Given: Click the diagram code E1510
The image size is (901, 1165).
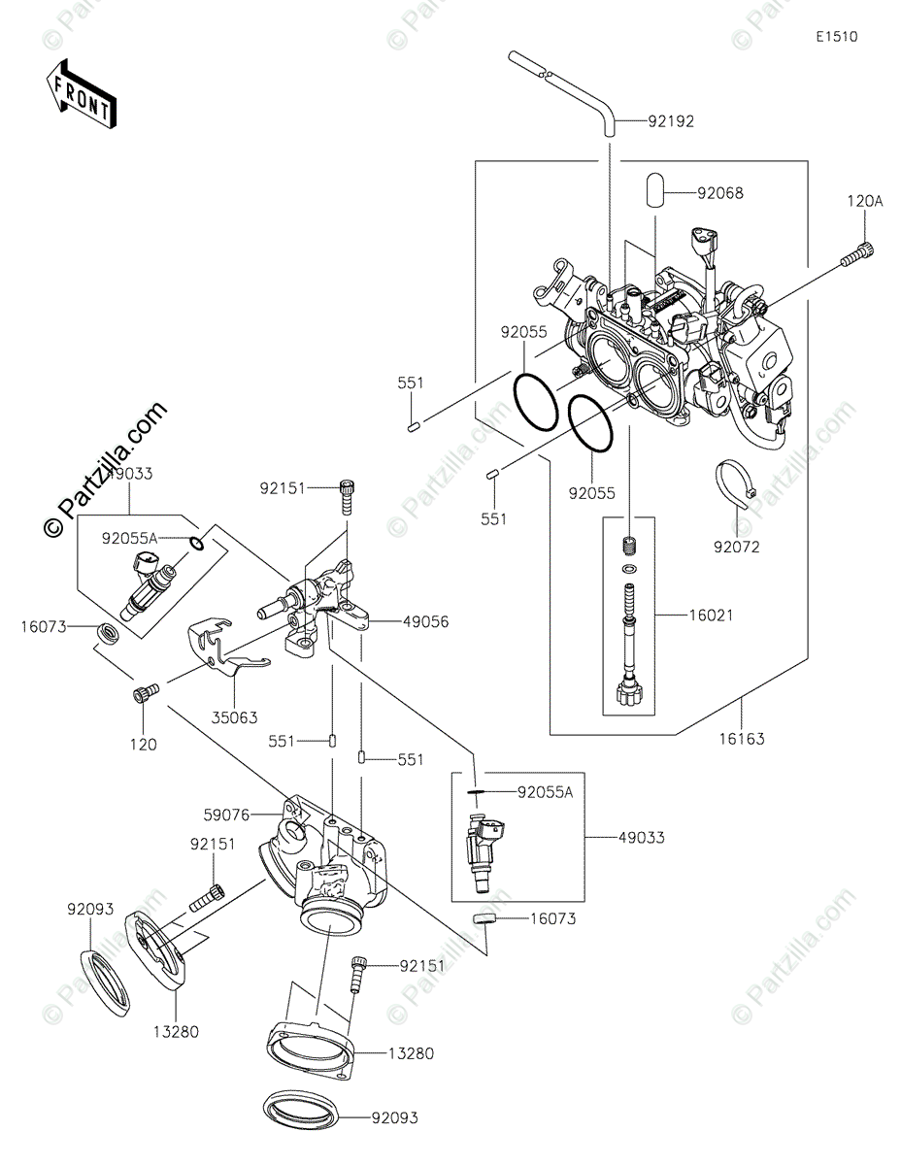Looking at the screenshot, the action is click(837, 37).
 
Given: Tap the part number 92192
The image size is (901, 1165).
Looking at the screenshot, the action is click(671, 121).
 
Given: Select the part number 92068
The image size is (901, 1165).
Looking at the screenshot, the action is click(719, 193).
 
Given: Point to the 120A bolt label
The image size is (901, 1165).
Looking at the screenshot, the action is click(864, 202).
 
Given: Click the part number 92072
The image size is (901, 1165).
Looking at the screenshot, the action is click(737, 547).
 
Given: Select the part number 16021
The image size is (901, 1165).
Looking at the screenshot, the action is click(712, 615).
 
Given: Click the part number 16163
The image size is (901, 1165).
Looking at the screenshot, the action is click(742, 739).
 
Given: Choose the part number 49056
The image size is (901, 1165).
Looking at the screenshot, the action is click(425, 622).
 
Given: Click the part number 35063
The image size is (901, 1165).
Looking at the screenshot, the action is click(234, 717).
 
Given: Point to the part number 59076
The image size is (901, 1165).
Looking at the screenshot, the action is click(227, 815).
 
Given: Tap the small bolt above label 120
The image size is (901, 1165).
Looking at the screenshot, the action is click(146, 692).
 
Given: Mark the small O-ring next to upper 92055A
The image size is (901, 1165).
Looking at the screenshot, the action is click(197, 544).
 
